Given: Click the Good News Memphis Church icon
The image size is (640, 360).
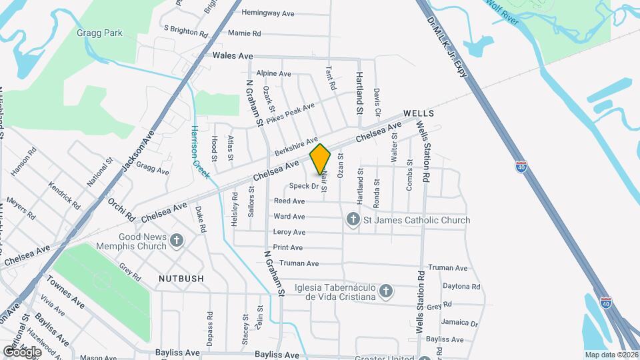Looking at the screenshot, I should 177,241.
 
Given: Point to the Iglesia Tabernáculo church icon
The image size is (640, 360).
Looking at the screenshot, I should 385,291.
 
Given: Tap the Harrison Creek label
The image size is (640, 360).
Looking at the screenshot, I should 198,152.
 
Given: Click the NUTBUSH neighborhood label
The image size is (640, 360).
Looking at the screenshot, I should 181,277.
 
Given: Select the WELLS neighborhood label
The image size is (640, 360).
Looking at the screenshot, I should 419,113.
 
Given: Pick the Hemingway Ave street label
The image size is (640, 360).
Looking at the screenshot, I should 268,13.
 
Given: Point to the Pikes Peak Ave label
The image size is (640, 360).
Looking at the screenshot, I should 290,113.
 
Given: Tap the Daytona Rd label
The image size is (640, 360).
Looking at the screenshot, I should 461,285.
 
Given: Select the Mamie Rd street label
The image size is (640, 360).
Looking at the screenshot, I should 244,33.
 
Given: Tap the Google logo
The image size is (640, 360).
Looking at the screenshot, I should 21,351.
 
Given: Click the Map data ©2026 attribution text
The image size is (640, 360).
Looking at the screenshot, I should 611,355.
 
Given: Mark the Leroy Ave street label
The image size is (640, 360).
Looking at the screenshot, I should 289,232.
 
